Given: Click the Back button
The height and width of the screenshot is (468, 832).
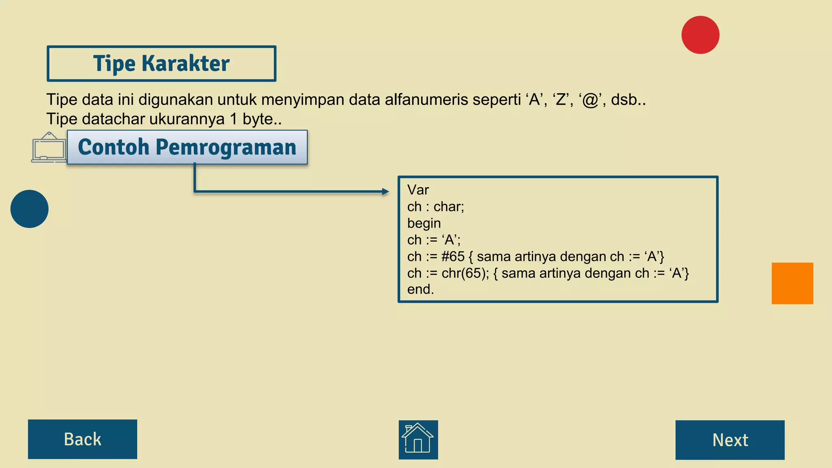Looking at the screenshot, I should (x=82, y=439).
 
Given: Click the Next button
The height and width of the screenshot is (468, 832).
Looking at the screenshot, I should (x=730, y=440).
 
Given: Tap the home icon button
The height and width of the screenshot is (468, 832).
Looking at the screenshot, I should (x=418, y=440).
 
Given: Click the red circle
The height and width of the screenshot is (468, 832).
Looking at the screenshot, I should (x=700, y=35).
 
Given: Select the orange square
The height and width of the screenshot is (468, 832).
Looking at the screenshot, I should (x=792, y=283).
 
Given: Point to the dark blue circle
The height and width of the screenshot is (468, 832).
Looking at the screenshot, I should (x=29, y=209).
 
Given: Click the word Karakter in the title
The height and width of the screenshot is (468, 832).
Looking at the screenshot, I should (x=185, y=63).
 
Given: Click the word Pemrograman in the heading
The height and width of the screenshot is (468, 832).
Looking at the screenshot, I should (x=226, y=147).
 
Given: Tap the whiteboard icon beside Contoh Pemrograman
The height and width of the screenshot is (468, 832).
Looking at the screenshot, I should (x=49, y=147).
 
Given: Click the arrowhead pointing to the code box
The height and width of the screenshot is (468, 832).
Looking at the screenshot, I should (x=385, y=191).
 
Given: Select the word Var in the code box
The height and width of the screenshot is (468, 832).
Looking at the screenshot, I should (x=418, y=190).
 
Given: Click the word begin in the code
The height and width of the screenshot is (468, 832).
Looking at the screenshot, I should (x=424, y=223).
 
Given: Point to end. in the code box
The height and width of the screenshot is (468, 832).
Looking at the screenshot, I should (x=420, y=289).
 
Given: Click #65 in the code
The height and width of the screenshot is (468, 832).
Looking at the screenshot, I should (x=453, y=256).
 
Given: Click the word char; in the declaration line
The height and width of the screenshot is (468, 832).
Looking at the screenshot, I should (x=448, y=207).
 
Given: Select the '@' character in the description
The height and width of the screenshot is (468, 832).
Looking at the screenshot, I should (x=590, y=100).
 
